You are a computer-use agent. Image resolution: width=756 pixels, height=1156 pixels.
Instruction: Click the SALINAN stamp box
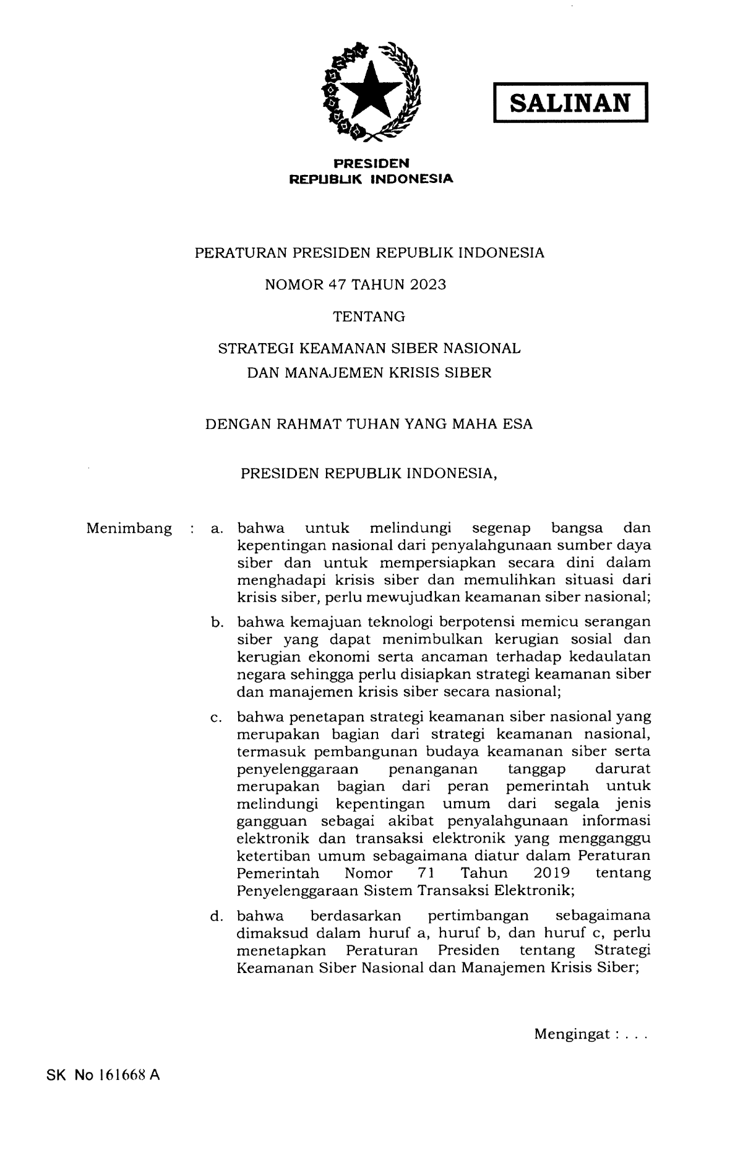[x=570, y=103]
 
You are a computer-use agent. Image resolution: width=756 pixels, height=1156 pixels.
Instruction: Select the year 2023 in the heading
[x=426, y=285]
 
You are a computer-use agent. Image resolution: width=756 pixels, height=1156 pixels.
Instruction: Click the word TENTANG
[x=369, y=317]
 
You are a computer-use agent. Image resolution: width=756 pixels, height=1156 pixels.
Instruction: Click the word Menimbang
[x=129, y=529]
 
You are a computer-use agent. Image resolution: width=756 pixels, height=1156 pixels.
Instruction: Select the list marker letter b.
[x=217, y=622]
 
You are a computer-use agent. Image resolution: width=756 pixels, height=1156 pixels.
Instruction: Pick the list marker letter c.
[x=217, y=718]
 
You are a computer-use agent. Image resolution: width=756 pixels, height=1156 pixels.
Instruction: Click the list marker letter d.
[x=217, y=916]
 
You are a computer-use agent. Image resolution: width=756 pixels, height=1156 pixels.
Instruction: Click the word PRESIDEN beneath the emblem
[x=371, y=164]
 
